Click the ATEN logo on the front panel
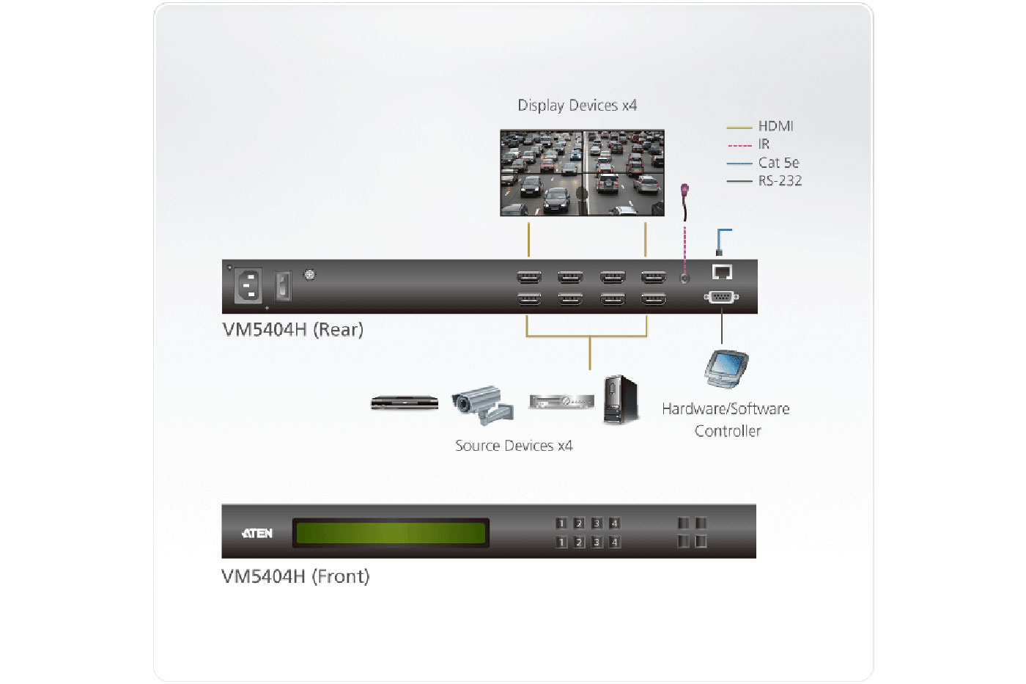[257, 533]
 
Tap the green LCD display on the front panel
[391, 533]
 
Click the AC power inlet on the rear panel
[248, 285]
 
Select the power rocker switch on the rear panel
[283, 285]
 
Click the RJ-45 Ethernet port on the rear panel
[722, 272]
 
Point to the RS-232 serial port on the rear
[721, 297]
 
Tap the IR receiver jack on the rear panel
[684, 279]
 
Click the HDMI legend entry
[775, 126]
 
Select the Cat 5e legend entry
[778, 163]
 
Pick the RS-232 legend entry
[779, 181]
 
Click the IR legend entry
[764, 144]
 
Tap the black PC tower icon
[621, 400]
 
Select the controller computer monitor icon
[726, 368]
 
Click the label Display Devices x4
[577, 106]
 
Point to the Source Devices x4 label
[513, 446]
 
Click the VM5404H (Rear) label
[292, 330]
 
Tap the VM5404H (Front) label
[295, 577]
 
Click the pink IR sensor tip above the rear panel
[685, 191]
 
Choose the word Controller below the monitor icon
[728, 431]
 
